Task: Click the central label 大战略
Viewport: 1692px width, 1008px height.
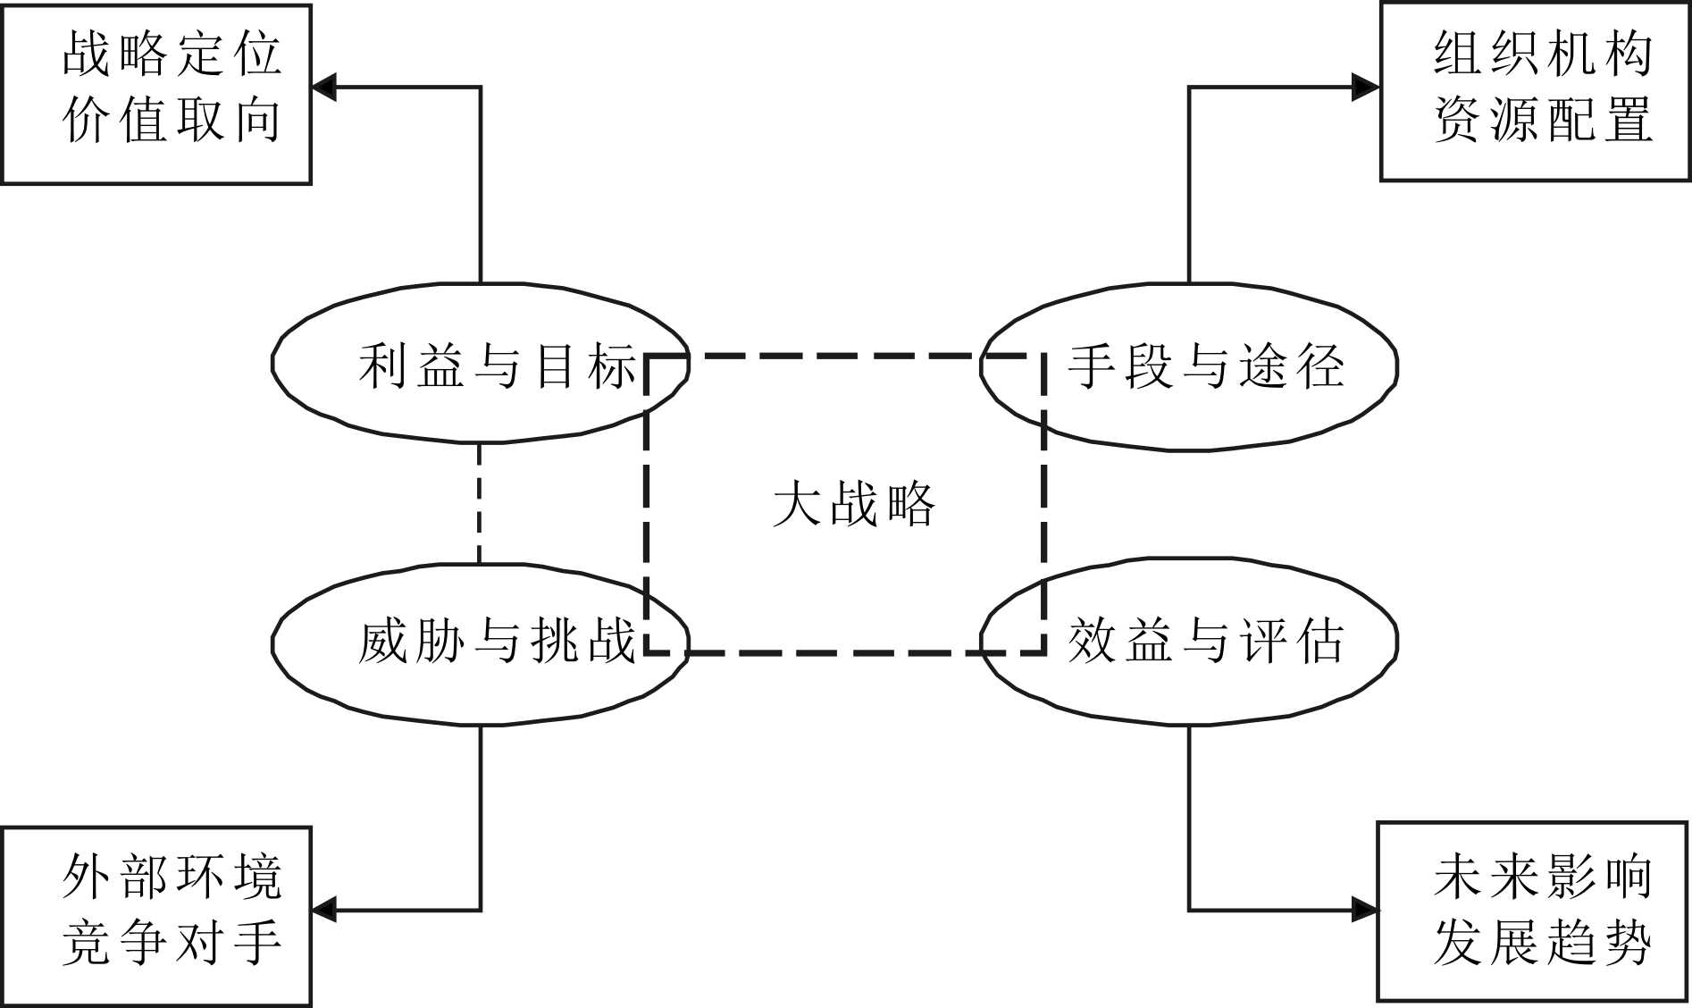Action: point(853,504)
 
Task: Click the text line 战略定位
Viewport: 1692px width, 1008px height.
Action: point(172,55)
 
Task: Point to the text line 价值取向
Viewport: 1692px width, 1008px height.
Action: point(172,120)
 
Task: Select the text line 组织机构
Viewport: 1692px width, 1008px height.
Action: point(1543,55)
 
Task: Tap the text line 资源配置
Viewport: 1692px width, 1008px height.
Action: point(1543,120)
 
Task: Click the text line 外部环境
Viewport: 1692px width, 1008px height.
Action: point(172,877)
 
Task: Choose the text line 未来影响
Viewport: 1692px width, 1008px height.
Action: point(1543,877)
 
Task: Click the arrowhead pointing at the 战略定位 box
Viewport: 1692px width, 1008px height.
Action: point(323,88)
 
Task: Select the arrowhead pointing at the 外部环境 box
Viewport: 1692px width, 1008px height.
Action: point(323,911)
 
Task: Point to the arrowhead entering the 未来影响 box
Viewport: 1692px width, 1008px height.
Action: point(1365,911)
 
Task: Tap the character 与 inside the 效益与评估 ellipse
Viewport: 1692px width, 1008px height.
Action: point(1206,643)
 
